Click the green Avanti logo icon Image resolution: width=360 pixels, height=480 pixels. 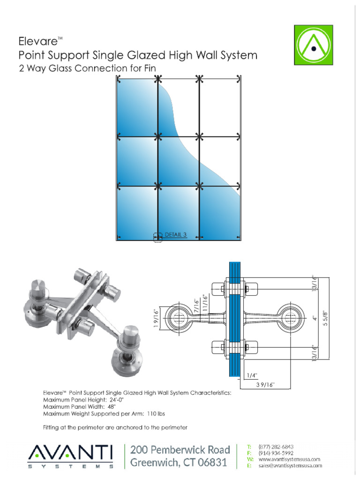[313, 45]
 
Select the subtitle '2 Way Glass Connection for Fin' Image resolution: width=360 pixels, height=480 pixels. [87, 69]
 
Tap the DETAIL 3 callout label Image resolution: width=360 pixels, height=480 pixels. [176, 235]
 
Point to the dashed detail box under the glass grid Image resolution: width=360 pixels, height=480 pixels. [158, 238]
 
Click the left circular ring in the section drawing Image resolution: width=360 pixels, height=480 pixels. [178, 320]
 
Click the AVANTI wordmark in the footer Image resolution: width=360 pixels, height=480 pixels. [70, 453]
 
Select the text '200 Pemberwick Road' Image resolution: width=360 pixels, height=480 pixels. [180, 450]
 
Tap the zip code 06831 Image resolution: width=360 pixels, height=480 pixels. [211, 464]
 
